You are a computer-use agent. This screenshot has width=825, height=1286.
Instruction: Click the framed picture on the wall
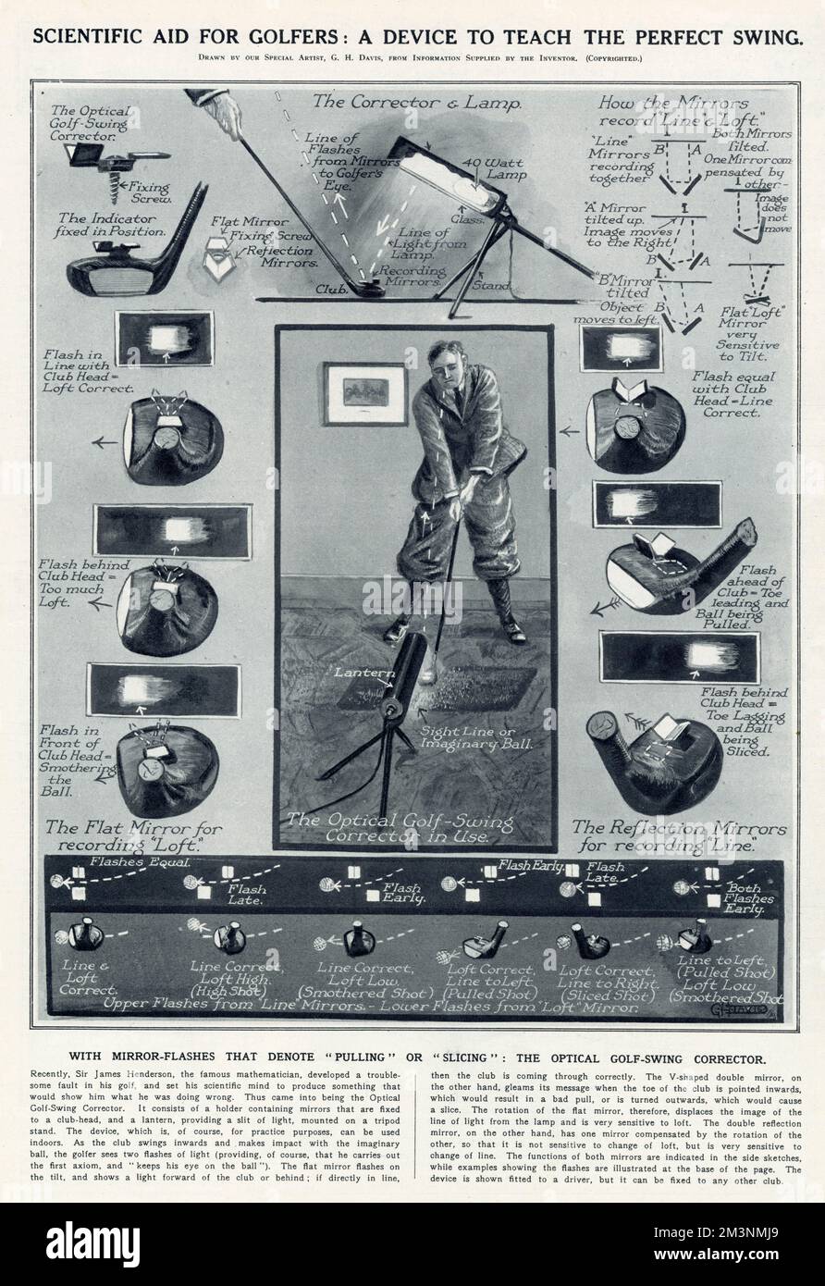pyautogui.click(x=365, y=393)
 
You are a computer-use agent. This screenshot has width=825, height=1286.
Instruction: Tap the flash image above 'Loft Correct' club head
pyautogui.click(x=164, y=339)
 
